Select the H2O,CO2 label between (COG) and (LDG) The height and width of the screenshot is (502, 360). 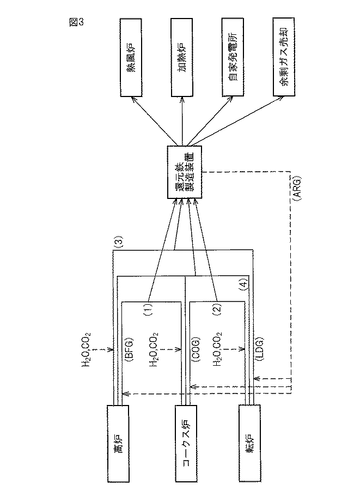tap(218, 348)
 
